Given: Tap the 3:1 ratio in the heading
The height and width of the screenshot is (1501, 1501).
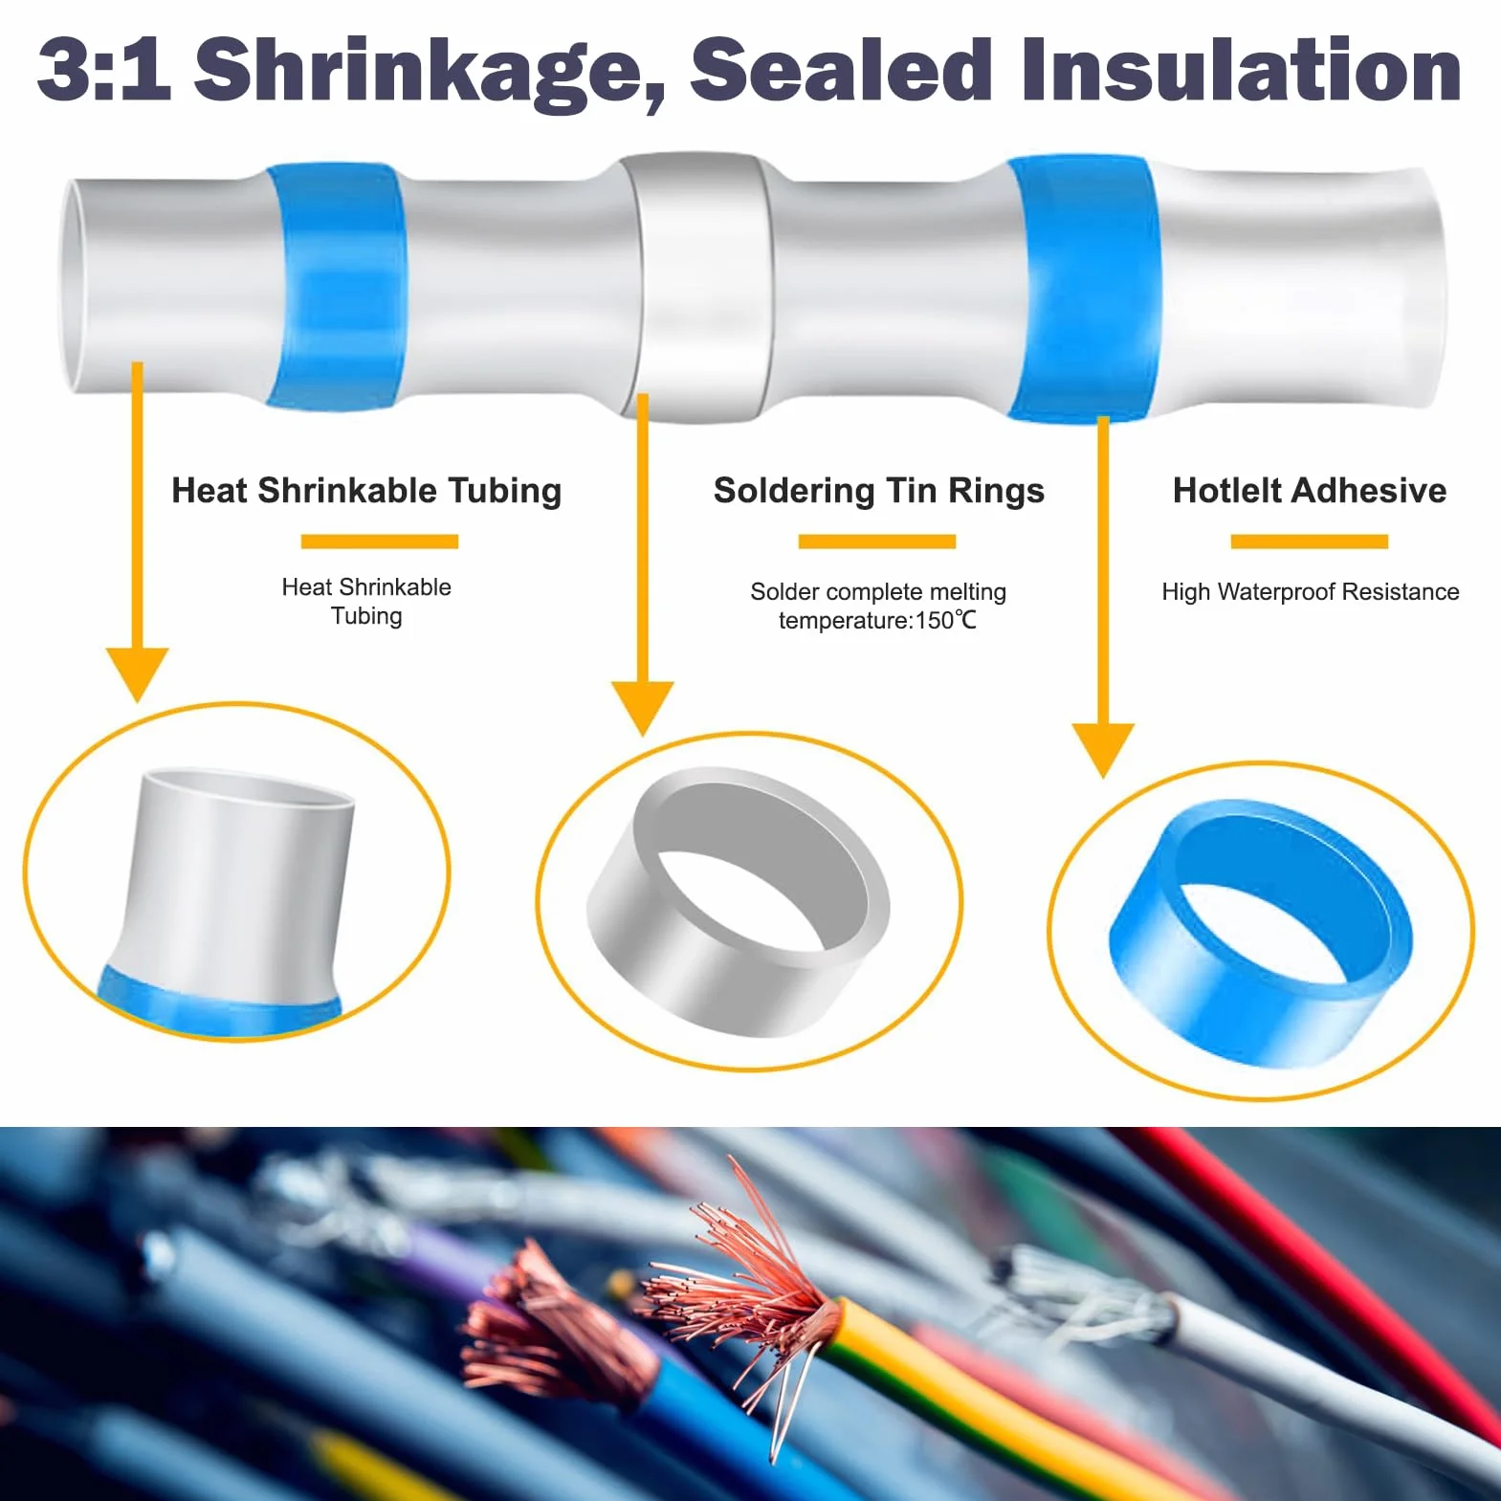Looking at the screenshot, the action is (x=104, y=68).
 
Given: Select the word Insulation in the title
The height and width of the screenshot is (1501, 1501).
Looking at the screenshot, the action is (x=1241, y=68).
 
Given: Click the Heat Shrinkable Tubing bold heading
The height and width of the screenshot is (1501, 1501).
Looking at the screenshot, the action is (x=366, y=491).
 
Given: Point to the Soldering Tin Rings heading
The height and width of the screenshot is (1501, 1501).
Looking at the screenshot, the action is (x=879, y=491).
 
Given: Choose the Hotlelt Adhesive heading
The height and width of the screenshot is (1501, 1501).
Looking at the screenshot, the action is (x=1310, y=491).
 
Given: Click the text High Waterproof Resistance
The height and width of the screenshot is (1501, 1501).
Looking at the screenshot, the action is (x=1311, y=591).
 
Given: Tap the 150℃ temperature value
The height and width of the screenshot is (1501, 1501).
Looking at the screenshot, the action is (x=946, y=621).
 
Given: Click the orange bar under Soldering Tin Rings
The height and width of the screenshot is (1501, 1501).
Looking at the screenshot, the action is (x=877, y=541).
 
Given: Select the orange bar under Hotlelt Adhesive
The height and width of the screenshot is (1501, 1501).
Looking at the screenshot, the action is (x=1309, y=541).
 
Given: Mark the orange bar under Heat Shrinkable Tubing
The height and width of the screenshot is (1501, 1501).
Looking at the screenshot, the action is (x=380, y=541).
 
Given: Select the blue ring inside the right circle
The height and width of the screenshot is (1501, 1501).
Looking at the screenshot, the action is (x=1260, y=934).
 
